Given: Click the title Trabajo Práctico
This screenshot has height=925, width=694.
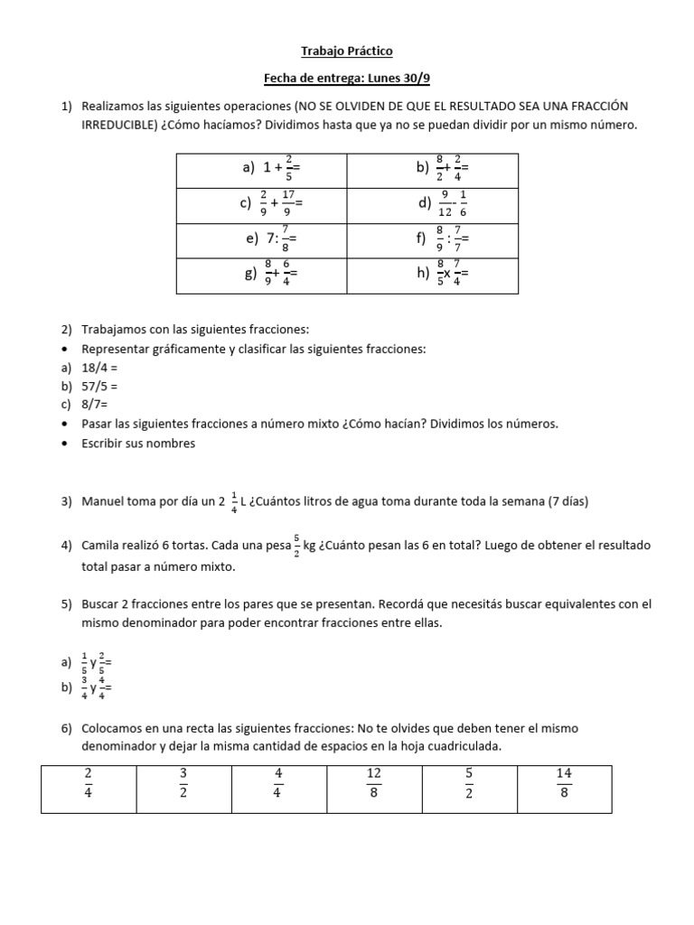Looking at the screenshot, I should (x=346, y=51).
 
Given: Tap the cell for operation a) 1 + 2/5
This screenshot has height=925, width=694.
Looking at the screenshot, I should (x=262, y=169).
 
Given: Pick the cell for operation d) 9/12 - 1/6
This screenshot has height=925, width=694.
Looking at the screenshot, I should (x=433, y=204).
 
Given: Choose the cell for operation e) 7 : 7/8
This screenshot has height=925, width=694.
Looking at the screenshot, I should (x=262, y=239).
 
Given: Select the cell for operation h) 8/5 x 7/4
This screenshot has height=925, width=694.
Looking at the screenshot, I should (x=433, y=275).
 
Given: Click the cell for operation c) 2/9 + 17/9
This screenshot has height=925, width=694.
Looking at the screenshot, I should (x=262, y=204).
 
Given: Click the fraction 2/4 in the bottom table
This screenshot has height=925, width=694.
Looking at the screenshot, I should (x=89, y=783).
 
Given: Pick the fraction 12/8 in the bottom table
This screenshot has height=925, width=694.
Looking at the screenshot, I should (x=373, y=783).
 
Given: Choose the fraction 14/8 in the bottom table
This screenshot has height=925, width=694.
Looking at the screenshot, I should (x=564, y=783).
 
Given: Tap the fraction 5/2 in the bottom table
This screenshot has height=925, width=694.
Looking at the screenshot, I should (x=469, y=783).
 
